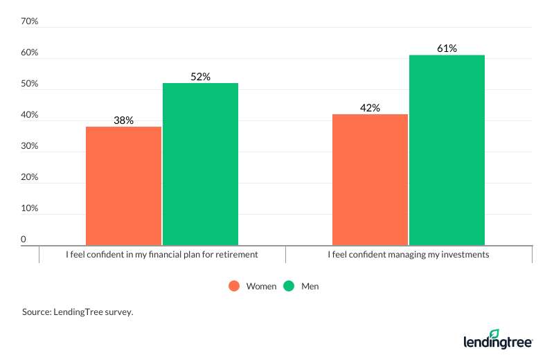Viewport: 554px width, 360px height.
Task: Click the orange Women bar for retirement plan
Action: [x=123, y=186]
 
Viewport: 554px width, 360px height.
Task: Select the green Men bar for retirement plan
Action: [x=200, y=164]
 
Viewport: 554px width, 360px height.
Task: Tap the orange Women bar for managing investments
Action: [x=370, y=179]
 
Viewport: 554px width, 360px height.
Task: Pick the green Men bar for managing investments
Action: [x=447, y=150]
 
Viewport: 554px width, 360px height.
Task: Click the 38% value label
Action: [x=123, y=120]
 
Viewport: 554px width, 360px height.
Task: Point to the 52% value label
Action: [x=200, y=77]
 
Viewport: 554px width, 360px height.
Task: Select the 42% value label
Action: [x=370, y=108]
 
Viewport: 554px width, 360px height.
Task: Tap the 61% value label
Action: [x=447, y=48]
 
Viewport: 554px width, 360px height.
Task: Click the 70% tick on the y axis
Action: [x=29, y=22]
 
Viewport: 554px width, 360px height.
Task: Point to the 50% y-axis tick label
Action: [x=29, y=84]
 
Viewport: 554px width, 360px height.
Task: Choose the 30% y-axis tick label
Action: [x=29, y=147]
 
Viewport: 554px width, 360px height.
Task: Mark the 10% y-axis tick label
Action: [x=29, y=208]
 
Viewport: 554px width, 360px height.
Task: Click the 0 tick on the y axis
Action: [x=23, y=240]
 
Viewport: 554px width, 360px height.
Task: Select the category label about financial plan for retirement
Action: [x=162, y=255]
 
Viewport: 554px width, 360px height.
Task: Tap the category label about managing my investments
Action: [x=409, y=255]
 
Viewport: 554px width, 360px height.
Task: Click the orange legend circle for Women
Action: [x=234, y=286]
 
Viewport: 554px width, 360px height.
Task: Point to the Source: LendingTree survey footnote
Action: [x=78, y=312]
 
